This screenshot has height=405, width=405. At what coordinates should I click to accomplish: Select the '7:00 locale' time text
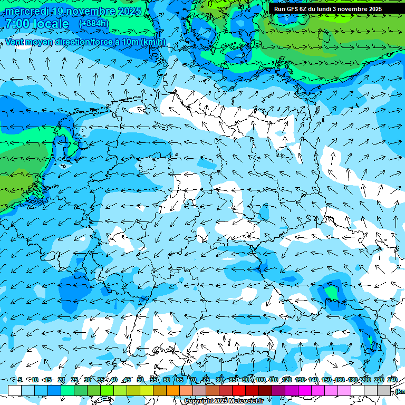(37, 24)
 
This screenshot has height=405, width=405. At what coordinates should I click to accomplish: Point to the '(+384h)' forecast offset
(93, 24)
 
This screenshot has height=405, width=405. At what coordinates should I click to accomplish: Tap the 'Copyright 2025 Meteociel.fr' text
(224, 401)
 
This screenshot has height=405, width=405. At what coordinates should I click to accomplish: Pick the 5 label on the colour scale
(20, 380)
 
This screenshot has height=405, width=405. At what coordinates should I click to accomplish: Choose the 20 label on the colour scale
(61, 380)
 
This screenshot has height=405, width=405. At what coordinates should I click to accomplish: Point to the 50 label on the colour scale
(140, 380)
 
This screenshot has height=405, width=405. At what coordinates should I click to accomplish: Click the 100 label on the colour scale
(260, 380)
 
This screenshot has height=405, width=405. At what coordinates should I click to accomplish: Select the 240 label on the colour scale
(392, 380)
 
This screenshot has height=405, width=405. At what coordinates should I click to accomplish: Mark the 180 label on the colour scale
(352, 380)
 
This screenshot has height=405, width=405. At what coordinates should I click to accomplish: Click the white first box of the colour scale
(15, 390)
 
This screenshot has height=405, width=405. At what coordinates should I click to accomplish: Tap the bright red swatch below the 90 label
(239, 390)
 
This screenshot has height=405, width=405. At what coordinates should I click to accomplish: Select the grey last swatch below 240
(384, 390)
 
